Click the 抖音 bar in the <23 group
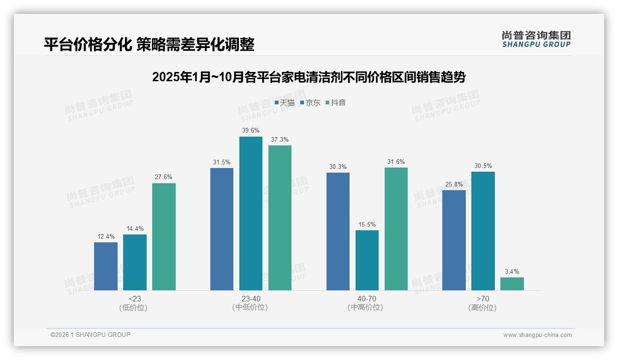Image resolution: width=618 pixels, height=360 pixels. coord(164,237)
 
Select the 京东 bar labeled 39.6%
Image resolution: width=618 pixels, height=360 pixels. coord(250,213)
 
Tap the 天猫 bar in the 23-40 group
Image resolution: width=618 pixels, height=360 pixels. coord(222,229)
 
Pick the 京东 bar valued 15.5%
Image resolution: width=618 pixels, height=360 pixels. coord(367,260)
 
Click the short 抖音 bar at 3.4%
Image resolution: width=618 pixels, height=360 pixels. coord(512,284)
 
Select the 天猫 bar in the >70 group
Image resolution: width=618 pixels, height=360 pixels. coord(454,240)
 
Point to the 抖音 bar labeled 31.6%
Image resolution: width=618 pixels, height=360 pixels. coord(396,229)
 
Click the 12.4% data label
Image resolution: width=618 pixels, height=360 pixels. coord(106,237)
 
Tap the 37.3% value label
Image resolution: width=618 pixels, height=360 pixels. coord(280,140)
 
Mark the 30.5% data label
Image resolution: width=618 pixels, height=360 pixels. coord(483,166)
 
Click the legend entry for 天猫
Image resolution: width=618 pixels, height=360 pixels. coord(285,103)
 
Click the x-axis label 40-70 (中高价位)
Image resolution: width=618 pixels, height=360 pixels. coord(365,303)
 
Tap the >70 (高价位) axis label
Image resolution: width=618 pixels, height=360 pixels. coord(482,303)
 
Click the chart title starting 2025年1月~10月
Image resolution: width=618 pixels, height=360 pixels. coord(309,77)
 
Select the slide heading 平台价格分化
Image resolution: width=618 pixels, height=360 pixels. coord(149,45)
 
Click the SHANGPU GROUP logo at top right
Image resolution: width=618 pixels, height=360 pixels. coord(536,39)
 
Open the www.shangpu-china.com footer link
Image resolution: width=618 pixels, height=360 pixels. coord(537,335)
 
